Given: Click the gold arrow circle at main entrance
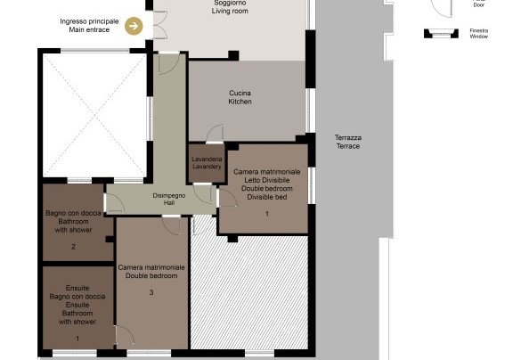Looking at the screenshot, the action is click(x=134, y=26).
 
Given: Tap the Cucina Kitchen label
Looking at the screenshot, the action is click(x=240, y=97).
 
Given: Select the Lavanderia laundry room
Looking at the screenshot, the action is click(x=207, y=163).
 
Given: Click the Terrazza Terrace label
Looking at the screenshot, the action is click(x=348, y=142).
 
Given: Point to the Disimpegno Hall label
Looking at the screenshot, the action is click(x=169, y=199).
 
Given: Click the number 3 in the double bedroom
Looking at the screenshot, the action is click(x=151, y=292).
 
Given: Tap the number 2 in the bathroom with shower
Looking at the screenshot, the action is click(x=73, y=247).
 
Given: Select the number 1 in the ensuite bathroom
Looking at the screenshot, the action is click(x=77, y=339).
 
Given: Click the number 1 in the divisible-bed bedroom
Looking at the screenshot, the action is click(x=267, y=214).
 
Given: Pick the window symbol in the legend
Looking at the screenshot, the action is click(x=441, y=33).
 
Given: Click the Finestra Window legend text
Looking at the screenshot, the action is click(x=479, y=34).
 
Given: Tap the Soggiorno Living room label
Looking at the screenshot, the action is click(x=230, y=7).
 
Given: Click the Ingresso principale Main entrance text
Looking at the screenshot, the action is click(x=89, y=26).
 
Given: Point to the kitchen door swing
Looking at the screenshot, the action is click(x=215, y=134).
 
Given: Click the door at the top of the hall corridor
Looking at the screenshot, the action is click(x=169, y=63).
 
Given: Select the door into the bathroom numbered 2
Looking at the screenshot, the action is click(x=114, y=202).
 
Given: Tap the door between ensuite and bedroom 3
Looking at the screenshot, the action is click(x=125, y=335).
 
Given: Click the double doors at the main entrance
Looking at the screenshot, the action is click(x=159, y=25).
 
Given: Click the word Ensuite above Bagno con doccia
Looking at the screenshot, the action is click(x=77, y=288).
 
